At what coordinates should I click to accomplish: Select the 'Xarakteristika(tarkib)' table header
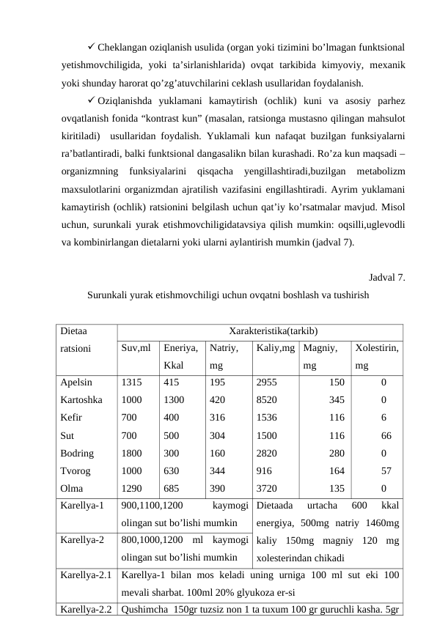tap(263, 331)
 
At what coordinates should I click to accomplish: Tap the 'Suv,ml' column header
tap(136, 349)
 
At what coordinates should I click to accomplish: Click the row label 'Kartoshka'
tap(81, 399)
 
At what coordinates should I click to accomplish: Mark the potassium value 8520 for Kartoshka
tap(266, 399)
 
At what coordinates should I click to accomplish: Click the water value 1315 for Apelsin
tap(132, 382)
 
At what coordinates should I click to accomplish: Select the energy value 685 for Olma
tap(172, 487)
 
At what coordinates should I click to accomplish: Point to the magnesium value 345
tap(337, 399)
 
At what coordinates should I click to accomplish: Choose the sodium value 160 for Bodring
tap(218, 452)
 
